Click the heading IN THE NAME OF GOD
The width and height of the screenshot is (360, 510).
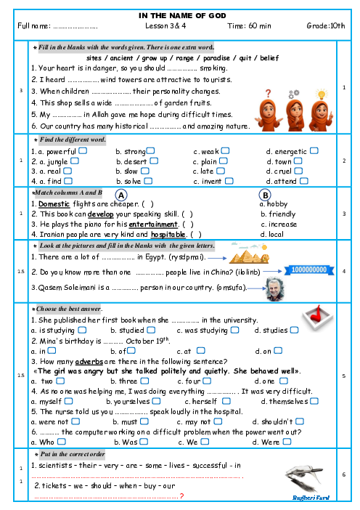point(182,15)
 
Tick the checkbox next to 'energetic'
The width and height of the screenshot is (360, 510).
point(314,150)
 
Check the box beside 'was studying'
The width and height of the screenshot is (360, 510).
point(234,330)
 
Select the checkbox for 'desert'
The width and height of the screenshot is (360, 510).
point(154,161)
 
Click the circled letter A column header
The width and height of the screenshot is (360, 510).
point(121,195)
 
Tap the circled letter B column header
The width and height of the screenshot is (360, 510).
point(265,195)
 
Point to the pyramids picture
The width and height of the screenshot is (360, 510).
point(249,253)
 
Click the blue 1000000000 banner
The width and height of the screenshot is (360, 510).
point(309,270)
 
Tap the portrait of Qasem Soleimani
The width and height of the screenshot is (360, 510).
point(275,289)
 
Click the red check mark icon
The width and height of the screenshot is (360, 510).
point(317,317)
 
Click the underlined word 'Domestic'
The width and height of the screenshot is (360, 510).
point(54,204)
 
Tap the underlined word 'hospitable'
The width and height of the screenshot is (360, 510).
point(168,234)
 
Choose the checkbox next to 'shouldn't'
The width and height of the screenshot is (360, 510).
point(300,421)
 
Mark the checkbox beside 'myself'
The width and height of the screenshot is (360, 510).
point(68,401)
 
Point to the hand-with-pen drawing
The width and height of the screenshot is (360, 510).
point(305,479)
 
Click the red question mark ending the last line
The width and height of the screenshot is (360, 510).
point(181,496)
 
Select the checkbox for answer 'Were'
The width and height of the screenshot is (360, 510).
point(287,442)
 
